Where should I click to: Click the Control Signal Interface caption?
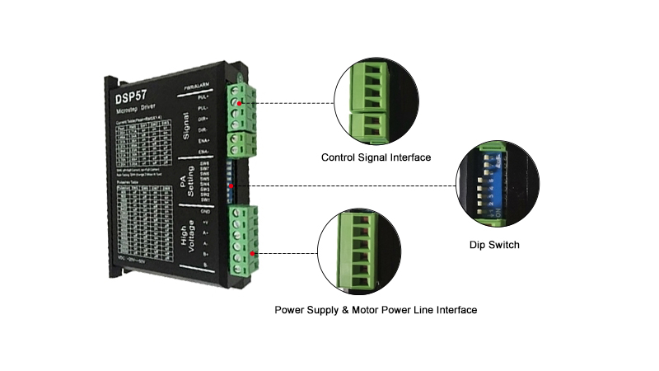pyautogui.click(x=376, y=157)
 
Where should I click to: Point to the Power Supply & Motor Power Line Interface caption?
pyautogui.click(x=376, y=310)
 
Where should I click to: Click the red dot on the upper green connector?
pyautogui.click(x=240, y=104)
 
